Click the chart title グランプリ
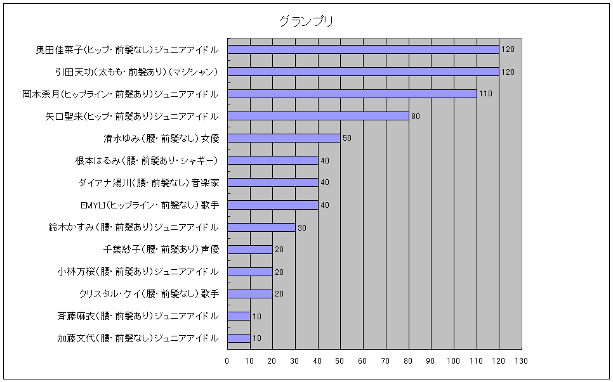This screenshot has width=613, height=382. coord(306,22)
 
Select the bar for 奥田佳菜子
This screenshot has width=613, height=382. coord(363,49)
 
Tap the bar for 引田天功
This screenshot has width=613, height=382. coord(363,72)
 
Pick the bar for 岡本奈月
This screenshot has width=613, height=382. coord(352,94)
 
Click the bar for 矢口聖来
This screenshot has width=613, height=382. coord(318,116)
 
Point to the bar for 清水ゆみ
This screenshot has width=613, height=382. coord(284,138)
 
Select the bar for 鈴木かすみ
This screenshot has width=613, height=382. coord(261,227)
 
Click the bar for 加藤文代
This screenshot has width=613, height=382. coord(239,338)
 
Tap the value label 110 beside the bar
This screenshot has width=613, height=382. coord(485,94)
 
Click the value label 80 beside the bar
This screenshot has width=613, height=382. coord(416,117)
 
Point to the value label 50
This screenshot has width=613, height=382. coord(347,138)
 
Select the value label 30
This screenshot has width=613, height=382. coord(302,227)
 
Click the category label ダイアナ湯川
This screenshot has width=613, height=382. coord(149,183)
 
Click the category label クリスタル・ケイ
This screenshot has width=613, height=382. coord(149,294)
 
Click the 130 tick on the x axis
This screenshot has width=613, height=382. coord(521,361)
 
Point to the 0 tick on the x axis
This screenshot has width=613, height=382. coord(227,361)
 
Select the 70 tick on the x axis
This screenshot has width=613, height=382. coord(385,361)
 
